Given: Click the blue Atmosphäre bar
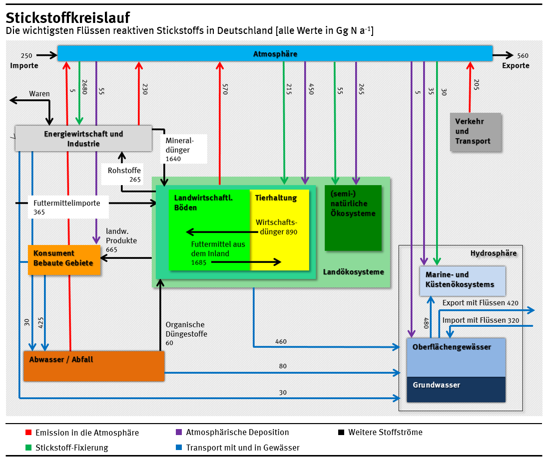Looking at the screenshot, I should tap(275, 53).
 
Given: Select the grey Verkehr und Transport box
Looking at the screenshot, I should tap(475, 132).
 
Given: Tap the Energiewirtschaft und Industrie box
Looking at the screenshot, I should tap(83, 139).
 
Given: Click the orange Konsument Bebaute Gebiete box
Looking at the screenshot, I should tap(63, 258).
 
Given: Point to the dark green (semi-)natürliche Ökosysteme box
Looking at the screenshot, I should tap(353, 218).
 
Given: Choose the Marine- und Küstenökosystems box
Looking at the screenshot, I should tap(463, 280).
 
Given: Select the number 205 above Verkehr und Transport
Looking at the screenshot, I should tap(476, 85).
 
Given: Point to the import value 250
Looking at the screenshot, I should tap(26, 55).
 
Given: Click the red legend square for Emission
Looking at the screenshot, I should tap(28, 433).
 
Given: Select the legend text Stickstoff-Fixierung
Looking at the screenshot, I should tap(71, 448).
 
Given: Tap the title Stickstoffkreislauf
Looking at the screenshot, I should tap(68, 18).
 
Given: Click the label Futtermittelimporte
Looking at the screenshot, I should tap(66, 203).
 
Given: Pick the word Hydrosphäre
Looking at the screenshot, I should tap(493, 253).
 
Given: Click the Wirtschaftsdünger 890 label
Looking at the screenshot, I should tap(276, 227).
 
